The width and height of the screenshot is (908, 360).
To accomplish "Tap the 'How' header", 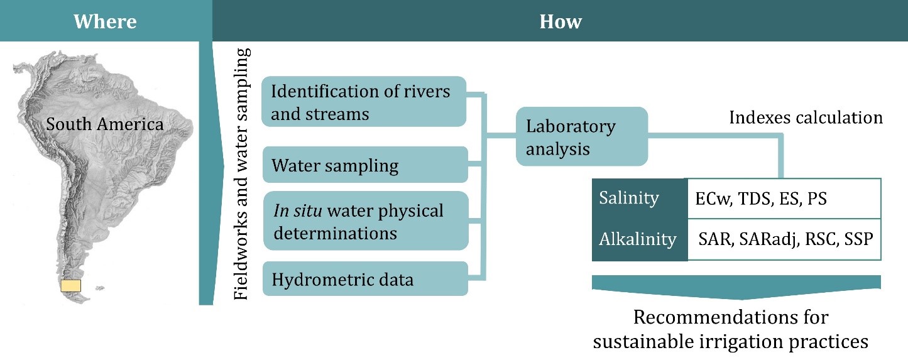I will coord(561,22).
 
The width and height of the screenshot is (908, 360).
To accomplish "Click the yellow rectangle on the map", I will coord(70,286).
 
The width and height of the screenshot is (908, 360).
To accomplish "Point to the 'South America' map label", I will coord(105,124).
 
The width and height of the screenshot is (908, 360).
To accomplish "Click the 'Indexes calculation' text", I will coord(806,117).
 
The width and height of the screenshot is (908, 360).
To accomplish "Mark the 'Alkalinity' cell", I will coord(637,239).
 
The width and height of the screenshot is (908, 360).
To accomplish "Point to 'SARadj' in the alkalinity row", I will coord(774,239).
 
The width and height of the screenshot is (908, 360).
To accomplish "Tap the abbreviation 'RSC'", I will coord(823,239).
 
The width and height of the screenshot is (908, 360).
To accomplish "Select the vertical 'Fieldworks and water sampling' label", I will coord(243,173).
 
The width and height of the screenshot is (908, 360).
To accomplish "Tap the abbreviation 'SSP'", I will coord(860,239).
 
